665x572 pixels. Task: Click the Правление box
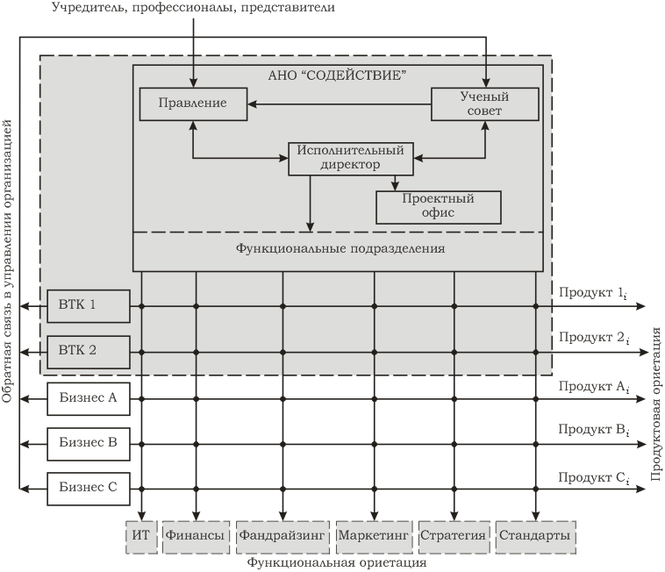point(193,104)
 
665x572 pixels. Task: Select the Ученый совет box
point(483,104)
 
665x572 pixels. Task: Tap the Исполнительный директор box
point(351,158)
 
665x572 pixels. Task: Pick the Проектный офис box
point(439,206)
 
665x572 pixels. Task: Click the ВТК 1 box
point(89,305)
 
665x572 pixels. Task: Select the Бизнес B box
point(89,442)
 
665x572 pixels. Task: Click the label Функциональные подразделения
point(340,249)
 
